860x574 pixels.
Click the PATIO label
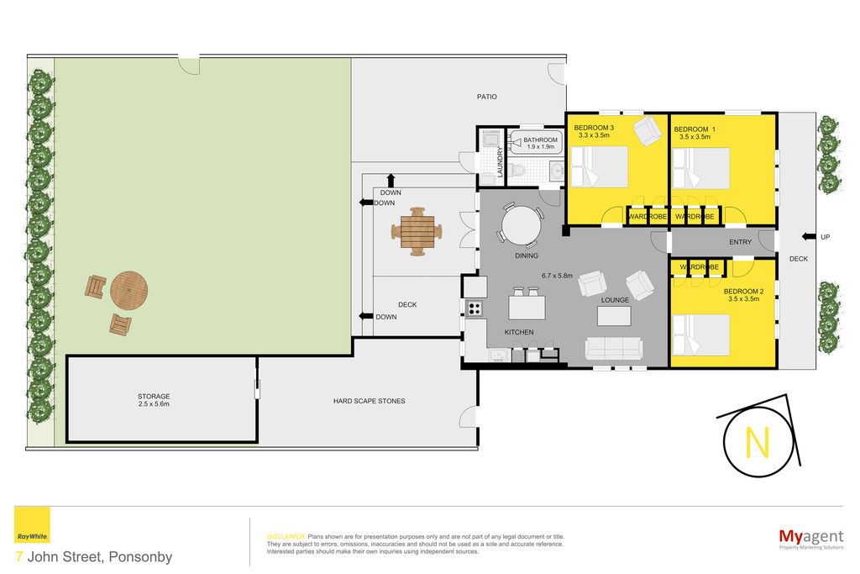click(x=486, y=97)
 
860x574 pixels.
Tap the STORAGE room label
click(x=154, y=396)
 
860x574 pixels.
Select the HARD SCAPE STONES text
click(x=370, y=401)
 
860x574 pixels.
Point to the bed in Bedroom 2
click(x=700, y=334)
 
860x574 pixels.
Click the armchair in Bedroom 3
click(x=648, y=130)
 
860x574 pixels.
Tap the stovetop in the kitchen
click(x=474, y=308)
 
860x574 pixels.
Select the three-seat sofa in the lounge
click(x=614, y=349)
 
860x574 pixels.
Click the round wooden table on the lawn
click(x=128, y=290)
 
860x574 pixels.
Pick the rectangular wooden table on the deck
click(x=417, y=231)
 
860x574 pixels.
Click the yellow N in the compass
click(x=758, y=442)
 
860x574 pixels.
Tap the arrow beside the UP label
click(x=809, y=237)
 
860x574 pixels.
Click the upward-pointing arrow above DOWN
click(x=391, y=181)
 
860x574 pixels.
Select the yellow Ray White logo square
click(x=32, y=524)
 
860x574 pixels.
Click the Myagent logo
click(x=811, y=538)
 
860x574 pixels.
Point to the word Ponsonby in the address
click(x=140, y=556)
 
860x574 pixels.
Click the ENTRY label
click(x=741, y=242)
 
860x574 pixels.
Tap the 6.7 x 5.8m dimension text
click(x=557, y=276)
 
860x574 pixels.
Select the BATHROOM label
click(x=540, y=140)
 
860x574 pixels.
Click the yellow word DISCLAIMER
click(x=286, y=537)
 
